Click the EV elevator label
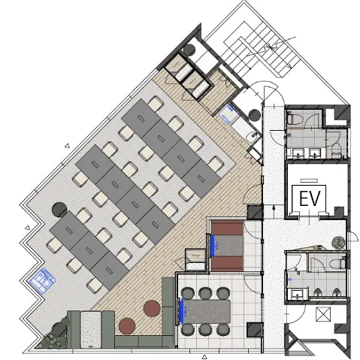pos(310,198)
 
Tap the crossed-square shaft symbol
pos(323,314)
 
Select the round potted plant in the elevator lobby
pos(339,242)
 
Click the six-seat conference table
pos(207,311)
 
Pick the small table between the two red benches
pos(227,246)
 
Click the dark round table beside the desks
pos(59,210)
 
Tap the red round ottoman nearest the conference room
pos(152,309)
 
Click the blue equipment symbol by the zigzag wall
pos(42,280)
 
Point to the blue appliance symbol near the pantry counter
pos(228,114)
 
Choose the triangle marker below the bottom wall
pos(204,357)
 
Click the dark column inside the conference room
pos(255,330)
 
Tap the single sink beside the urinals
pos(298,294)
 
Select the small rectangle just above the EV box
pos(309,180)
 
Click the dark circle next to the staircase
pos(189,50)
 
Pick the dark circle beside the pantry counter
pos(255,115)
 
